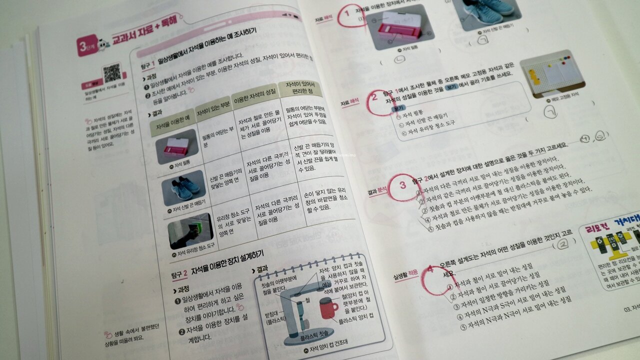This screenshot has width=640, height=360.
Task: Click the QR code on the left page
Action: [112, 73]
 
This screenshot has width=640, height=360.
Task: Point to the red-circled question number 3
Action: [403, 186]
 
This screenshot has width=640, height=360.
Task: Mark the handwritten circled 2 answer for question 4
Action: [562, 244]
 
